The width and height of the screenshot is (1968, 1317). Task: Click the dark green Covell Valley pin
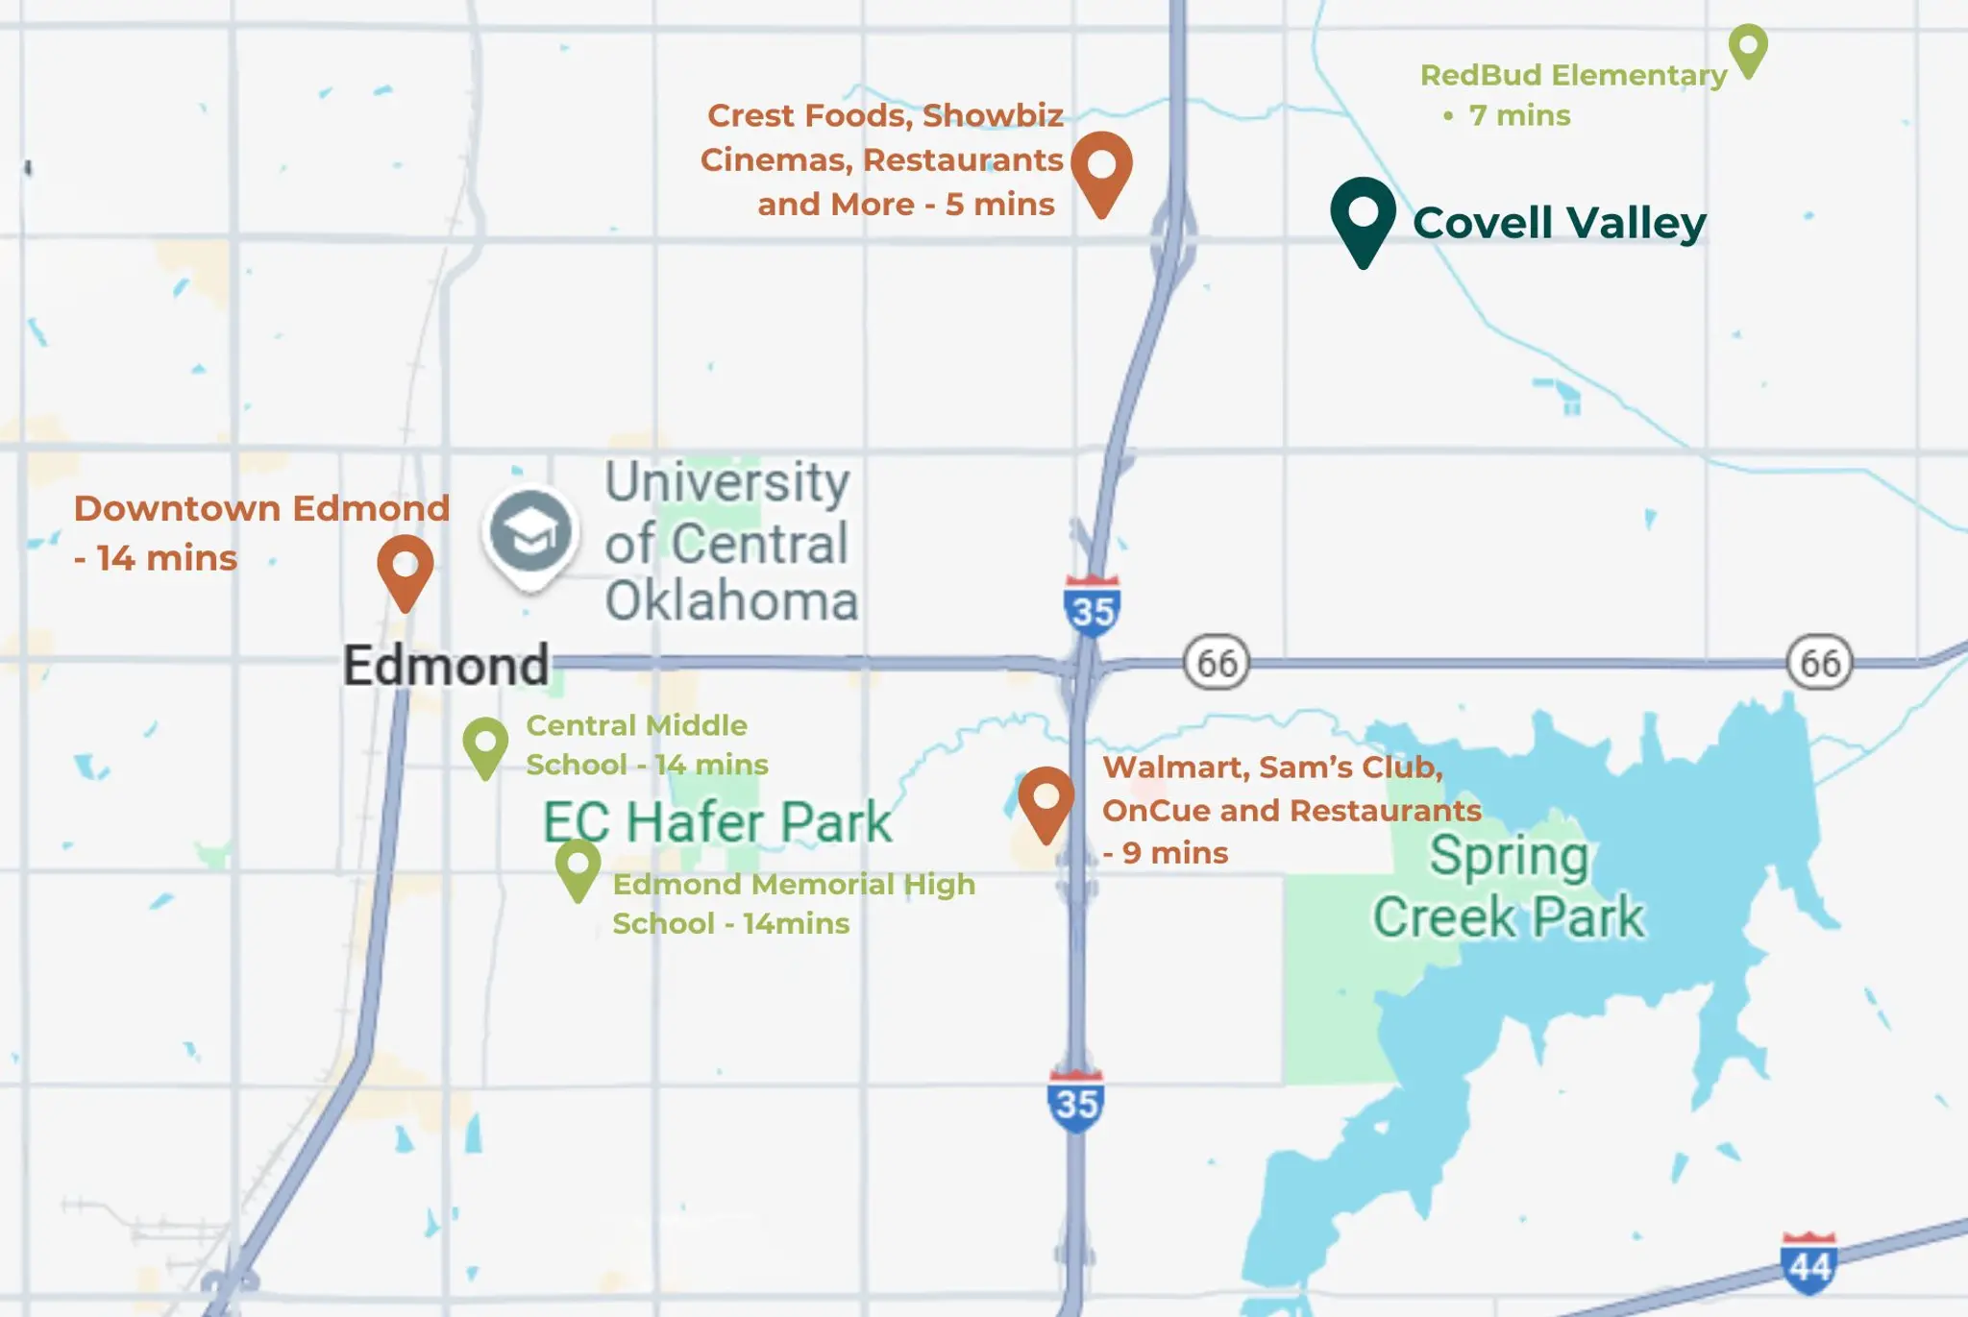[1363, 216]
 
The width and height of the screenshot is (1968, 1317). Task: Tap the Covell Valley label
[1559, 224]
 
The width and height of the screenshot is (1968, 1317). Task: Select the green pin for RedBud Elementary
[1748, 47]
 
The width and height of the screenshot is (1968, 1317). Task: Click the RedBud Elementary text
[1573, 75]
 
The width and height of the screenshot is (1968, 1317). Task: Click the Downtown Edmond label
[261, 509]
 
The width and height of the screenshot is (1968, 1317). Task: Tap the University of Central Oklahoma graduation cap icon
[530, 532]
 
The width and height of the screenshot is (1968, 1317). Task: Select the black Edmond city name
[446, 666]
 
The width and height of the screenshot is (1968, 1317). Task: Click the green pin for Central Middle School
[485, 744]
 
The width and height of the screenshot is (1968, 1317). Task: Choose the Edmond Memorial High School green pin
[578, 866]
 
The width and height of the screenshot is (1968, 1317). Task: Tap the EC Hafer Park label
[717, 822]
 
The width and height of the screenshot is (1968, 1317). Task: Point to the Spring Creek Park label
[1508, 886]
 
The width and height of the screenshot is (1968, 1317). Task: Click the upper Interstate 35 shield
[1092, 607]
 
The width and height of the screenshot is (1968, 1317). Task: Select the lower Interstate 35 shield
[1075, 1101]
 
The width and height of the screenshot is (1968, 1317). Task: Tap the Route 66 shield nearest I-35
[1217, 663]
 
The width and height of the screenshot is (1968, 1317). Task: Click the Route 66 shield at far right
[1819, 663]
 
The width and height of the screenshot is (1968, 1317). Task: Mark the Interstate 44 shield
[1808, 1263]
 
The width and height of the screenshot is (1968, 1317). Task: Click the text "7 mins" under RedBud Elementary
[1519, 116]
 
